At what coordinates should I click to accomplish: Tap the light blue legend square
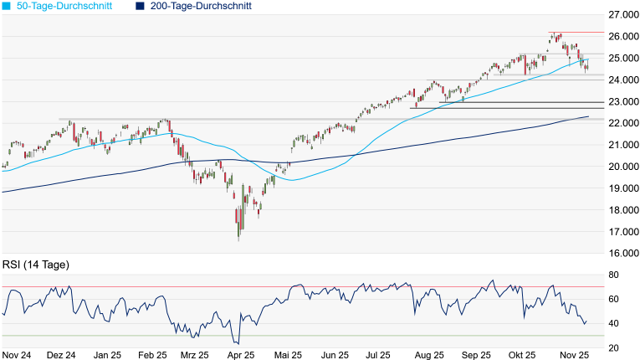7,6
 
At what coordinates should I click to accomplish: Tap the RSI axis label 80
614,275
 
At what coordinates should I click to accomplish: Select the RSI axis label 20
614,347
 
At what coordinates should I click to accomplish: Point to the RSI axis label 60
614,299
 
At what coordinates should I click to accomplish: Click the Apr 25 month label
241,355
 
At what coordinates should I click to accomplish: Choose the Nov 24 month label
16,355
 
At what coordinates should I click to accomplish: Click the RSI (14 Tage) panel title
35,265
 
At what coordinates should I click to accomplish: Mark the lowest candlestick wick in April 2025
238,240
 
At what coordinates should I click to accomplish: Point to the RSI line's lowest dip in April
238,343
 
